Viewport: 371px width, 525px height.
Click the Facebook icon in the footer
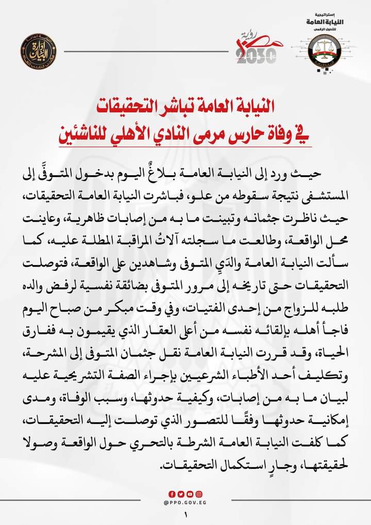pyautogui.click(x=173, y=494)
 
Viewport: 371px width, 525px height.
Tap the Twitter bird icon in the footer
pyautogui.click(x=181, y=494)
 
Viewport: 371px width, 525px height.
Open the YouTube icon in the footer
pyautogui.click(x=190, y=494)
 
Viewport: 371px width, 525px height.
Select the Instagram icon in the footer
pyautogui.click(x=199, y=494)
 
